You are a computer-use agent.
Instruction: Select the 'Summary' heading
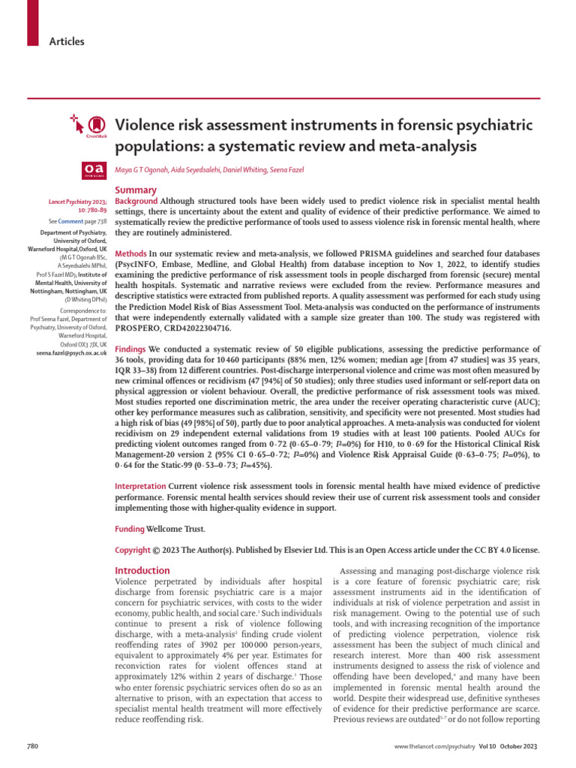pos(136,190)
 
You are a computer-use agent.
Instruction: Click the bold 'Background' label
pos(136,202)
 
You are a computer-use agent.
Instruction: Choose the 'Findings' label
pos(130,350)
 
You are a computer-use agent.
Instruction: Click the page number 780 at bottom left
pos(33,748)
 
